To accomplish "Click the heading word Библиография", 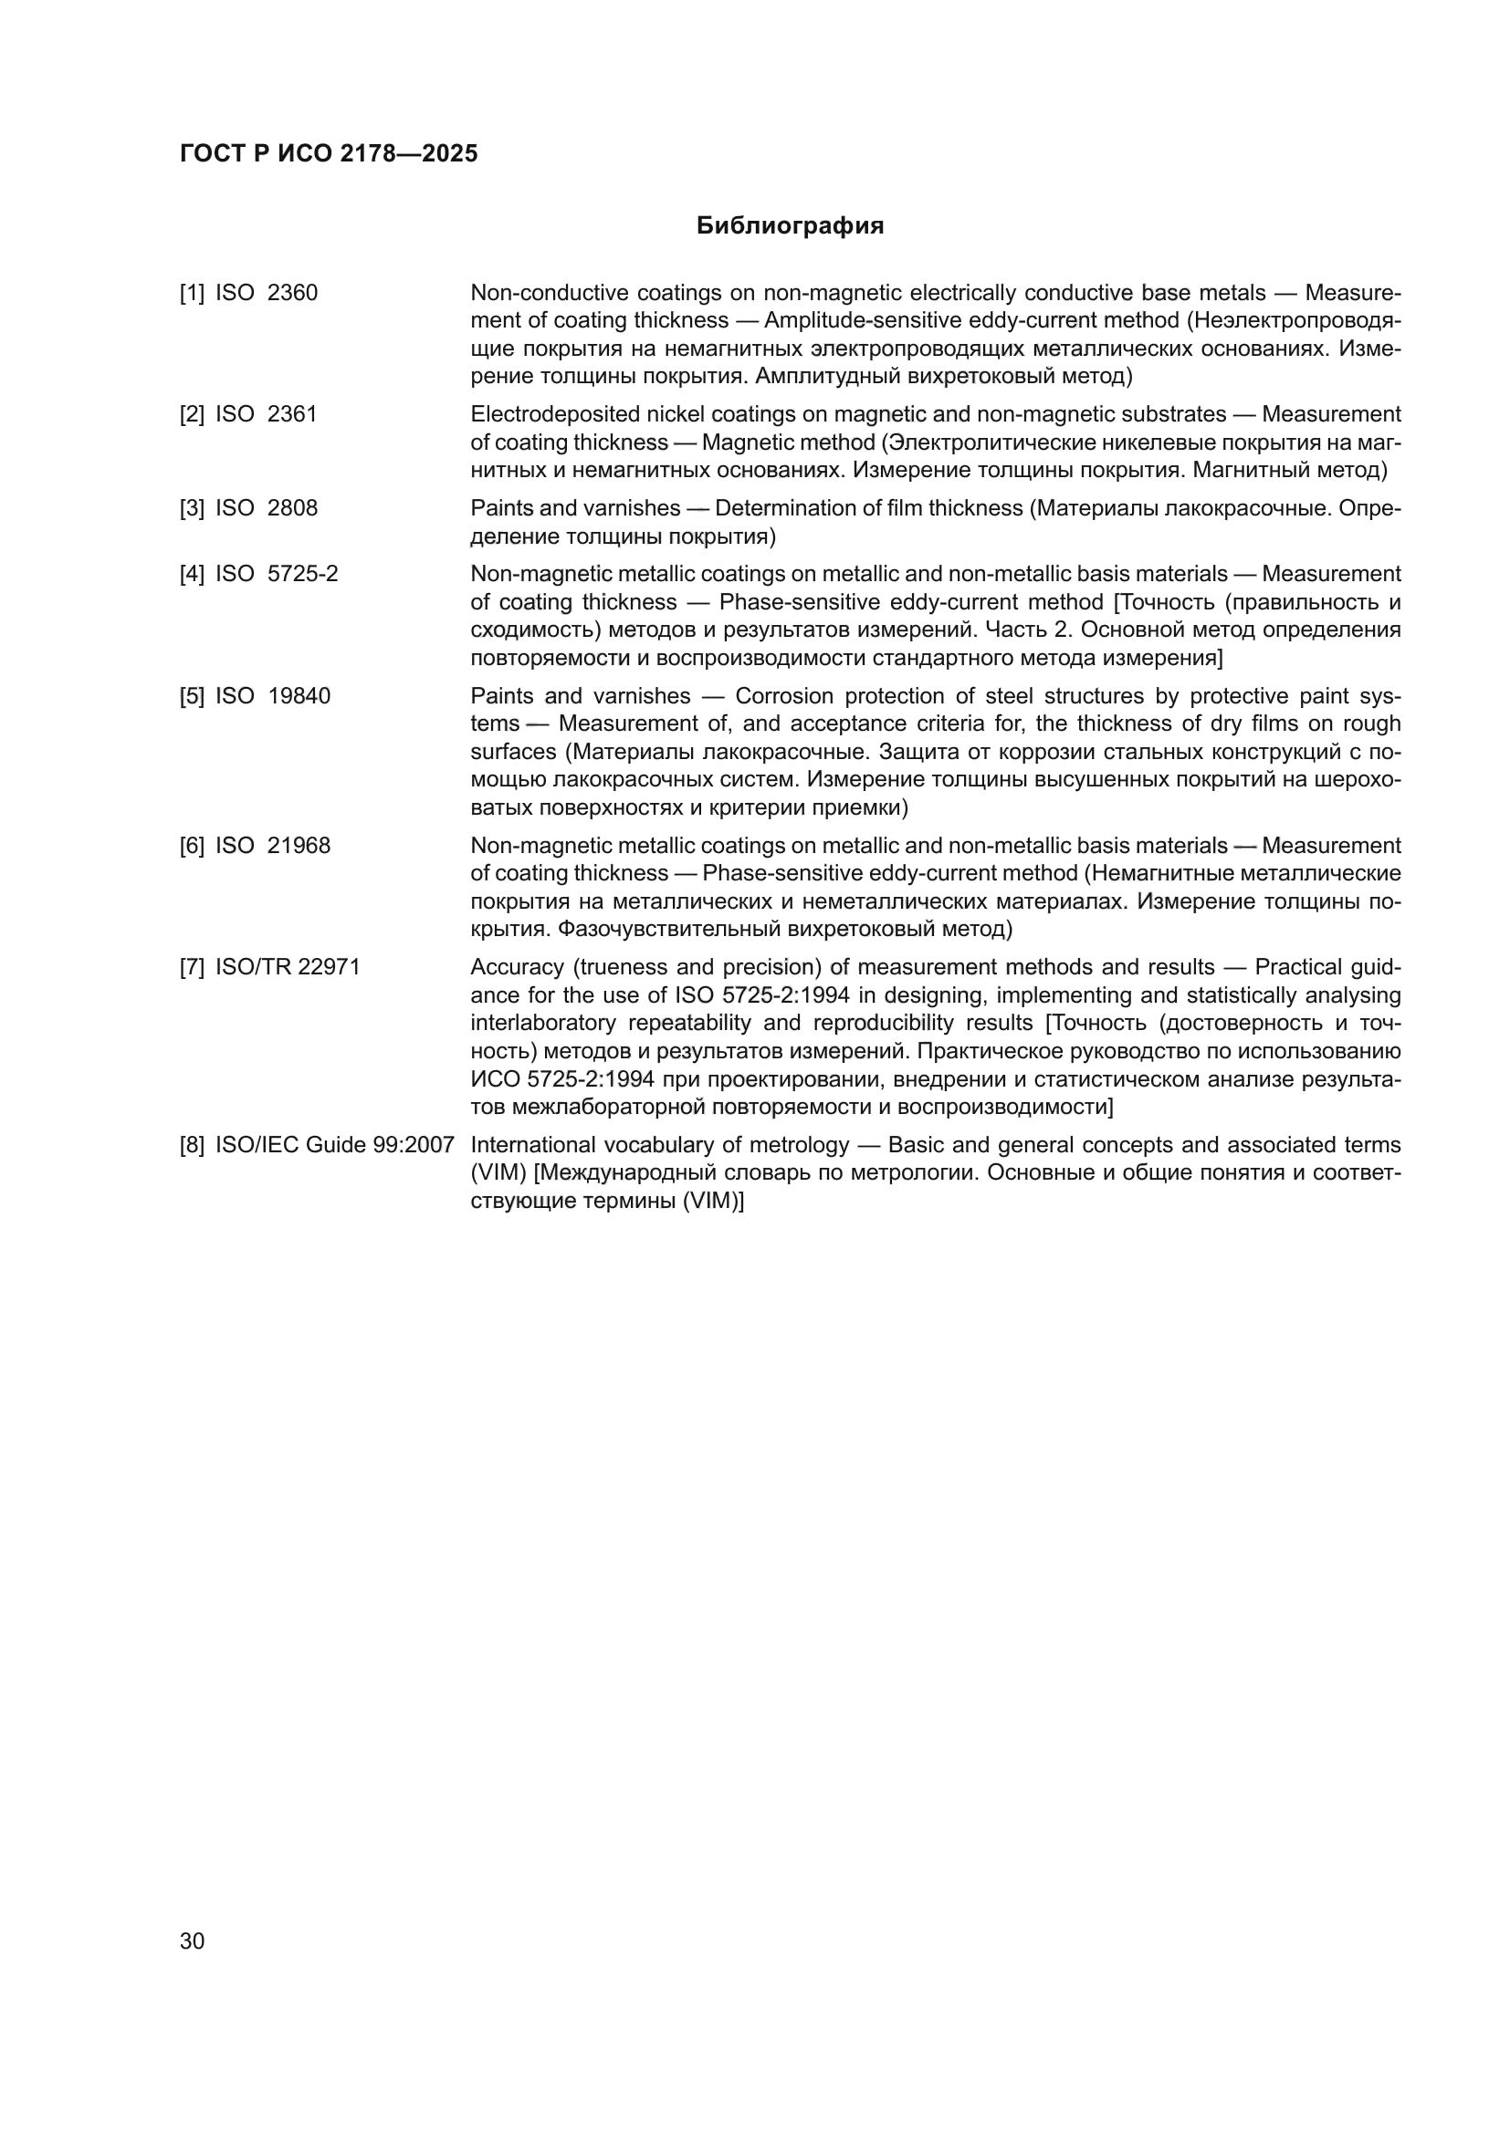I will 790,226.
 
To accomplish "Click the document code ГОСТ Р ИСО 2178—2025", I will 329,153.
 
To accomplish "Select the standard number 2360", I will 292,293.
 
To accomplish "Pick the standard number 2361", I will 292,414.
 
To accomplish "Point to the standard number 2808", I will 292,508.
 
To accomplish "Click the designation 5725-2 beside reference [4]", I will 303,575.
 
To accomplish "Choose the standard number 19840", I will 299,696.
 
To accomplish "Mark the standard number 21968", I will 299,846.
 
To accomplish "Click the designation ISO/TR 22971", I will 288,967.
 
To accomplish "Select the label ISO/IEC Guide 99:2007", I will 335,1145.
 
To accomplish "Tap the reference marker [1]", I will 192,293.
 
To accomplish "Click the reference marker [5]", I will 192,696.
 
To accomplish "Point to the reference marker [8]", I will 192,1145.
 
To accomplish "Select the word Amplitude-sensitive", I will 854,320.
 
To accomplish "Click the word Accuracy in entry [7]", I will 515,967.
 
